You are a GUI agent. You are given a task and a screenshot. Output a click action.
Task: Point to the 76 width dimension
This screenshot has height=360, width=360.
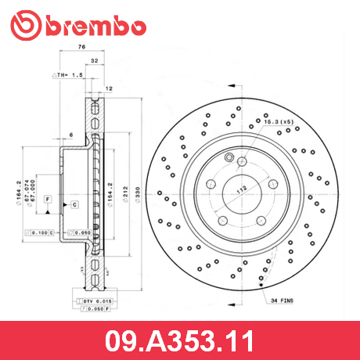[81, 48]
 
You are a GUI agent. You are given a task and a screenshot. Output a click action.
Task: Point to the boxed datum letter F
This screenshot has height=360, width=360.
[47, 200]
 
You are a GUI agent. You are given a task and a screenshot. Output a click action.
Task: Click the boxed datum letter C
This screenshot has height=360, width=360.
[74, 205]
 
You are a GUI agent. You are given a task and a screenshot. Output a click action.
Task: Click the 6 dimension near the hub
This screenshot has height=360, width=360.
[70, 135]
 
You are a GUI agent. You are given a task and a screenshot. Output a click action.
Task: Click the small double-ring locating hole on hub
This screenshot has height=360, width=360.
[228, 161]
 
